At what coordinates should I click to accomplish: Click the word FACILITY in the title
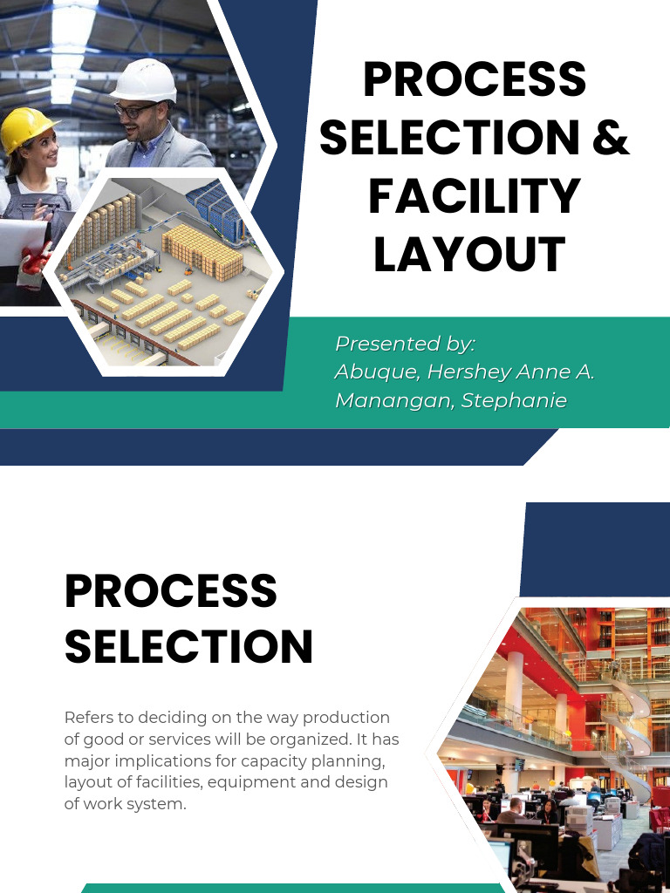475,195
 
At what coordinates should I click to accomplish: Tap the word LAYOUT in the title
470,255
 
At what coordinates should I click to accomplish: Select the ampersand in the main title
610,138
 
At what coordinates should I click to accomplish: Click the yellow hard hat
26,127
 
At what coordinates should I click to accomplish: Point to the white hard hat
143,79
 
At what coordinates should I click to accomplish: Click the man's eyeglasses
134,111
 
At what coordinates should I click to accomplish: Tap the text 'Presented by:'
405,344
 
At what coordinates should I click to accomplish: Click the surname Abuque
376,372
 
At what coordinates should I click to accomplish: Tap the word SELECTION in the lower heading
188,646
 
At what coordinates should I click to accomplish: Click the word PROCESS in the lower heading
171,592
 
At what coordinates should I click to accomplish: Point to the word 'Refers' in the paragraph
89,718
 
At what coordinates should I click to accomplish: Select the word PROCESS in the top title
475,79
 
